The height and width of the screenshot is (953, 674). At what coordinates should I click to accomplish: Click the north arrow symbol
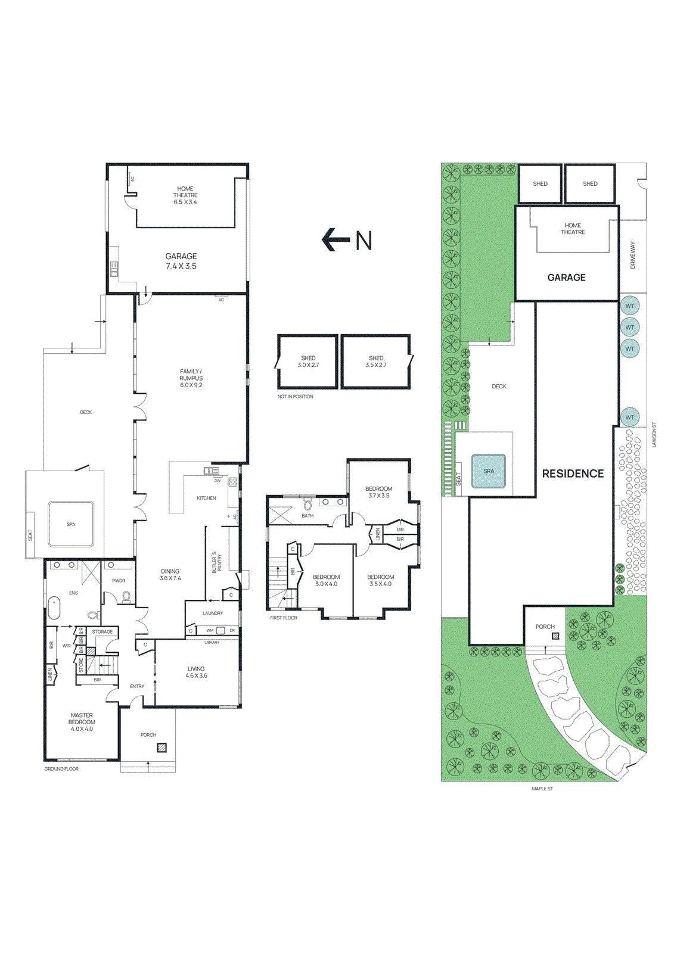pyautogui.click(x=335, y=240)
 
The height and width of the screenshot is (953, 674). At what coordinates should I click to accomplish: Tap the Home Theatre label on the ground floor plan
pyautogui.click(x=185, y=195)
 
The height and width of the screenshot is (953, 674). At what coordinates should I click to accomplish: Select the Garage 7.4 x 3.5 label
pyautogui.click(x=181, y=261)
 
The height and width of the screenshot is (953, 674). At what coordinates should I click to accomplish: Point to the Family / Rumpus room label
pyautogui.click(x=191, y=378)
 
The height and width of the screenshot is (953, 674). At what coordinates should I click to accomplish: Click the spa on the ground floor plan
pyautogui.click(x=71, y=524)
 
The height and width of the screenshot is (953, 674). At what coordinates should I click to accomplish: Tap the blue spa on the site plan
pyautogui.click(x=488, y=471)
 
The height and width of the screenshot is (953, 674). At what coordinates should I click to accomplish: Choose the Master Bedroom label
pyautogui.click(x=82, y=722)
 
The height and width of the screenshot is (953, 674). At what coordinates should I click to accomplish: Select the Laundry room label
pyautogui.click(x=213, y=613)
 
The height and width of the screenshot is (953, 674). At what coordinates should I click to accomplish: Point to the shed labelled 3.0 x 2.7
pyautogui.click(x=308, y=362)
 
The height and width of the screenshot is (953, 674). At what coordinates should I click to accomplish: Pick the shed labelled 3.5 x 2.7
pyautogui.click(x=376, y=362)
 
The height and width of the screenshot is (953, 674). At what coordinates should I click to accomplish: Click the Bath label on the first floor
pyautogui.click(x=308, y=516)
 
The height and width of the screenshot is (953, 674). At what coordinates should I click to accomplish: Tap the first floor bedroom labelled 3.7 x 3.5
pyautogui.click(x=378, y=492)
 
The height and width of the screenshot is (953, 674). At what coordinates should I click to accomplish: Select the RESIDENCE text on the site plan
pyautogui.click(x=573, y=474)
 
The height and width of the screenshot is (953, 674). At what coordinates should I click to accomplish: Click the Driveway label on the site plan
pyautogui.click(x=633, y=256)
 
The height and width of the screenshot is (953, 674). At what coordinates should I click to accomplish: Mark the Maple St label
pyautogui.click(x=542, y=789)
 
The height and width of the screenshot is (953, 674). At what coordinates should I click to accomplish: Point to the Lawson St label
pyautogui.click(x=654, y=434)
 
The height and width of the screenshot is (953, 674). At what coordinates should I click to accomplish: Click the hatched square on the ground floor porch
pyautogui.click(x=161, y=748)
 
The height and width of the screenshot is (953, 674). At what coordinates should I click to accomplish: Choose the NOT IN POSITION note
pyautogui.click(x=295, y=397)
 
